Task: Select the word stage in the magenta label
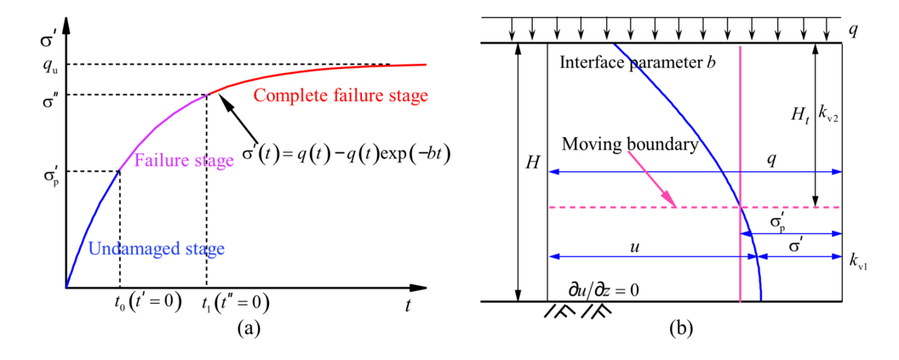[x=213, y=161]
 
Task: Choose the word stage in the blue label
[x=204, y=249]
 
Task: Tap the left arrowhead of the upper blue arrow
[x=553, y=172]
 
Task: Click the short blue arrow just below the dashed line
[x=792, y=233]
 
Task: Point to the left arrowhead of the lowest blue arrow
[x=553, y=256]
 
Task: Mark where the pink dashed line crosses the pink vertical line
[x=740, y=207]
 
